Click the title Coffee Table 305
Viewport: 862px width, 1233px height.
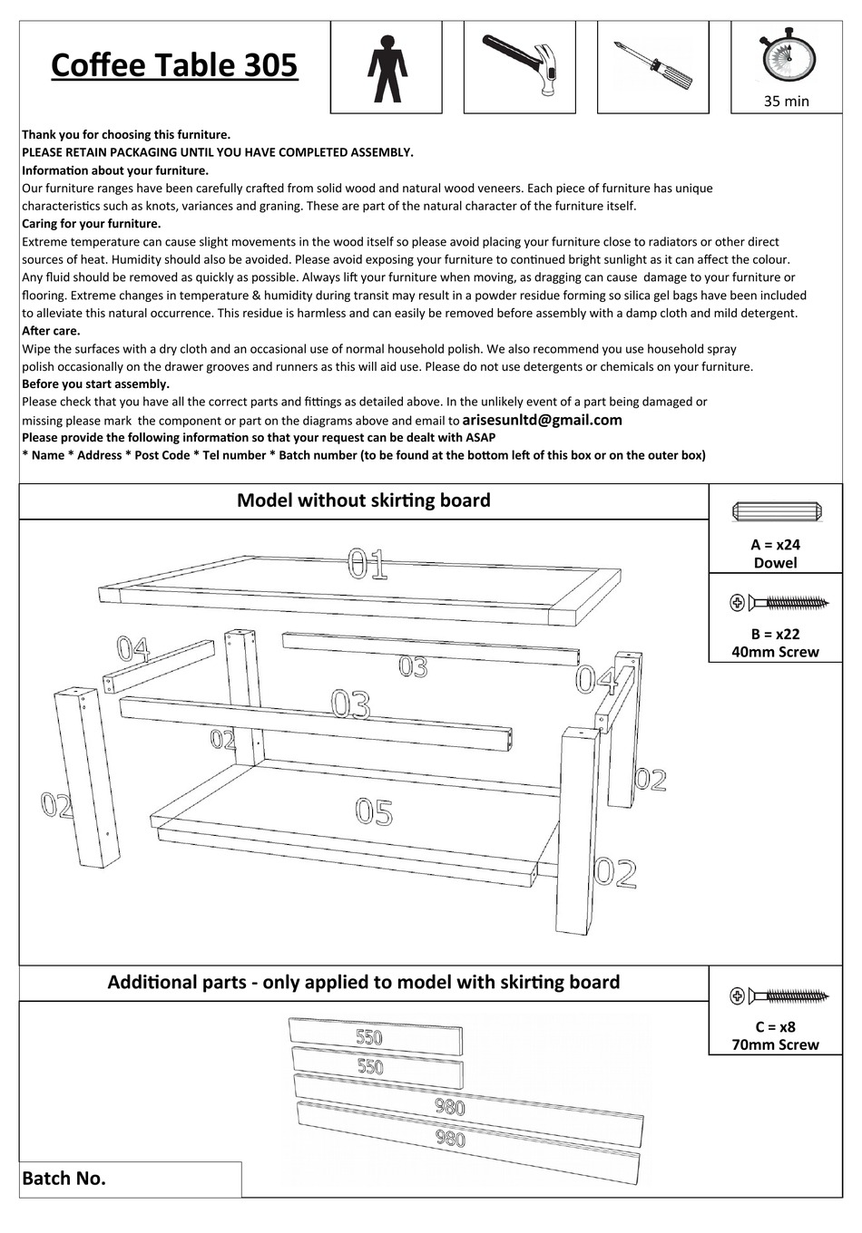[174, 65]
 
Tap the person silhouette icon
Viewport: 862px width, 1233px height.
[387, 68]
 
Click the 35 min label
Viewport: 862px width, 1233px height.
[786, 102]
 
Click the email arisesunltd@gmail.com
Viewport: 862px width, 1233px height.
[542, 420]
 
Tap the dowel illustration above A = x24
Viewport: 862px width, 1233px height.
[776, 512]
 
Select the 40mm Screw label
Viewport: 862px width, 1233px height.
[775, 652]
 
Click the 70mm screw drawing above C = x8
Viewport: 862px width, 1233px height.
[779, 996]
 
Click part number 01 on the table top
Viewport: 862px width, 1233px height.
[367, 564]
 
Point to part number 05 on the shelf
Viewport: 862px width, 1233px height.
[374, 811]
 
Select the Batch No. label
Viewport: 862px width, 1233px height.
[64, 1179]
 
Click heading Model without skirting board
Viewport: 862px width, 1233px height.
[363, 500]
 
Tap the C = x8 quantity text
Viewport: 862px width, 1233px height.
[775, 1027]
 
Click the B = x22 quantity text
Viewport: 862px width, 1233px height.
[775, 634]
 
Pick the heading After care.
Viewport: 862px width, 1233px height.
[51, 331]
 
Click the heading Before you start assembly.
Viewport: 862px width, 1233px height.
[95, 384]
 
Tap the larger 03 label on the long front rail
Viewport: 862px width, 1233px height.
[350, 704]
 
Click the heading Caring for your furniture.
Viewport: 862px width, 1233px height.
[91, 224]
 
